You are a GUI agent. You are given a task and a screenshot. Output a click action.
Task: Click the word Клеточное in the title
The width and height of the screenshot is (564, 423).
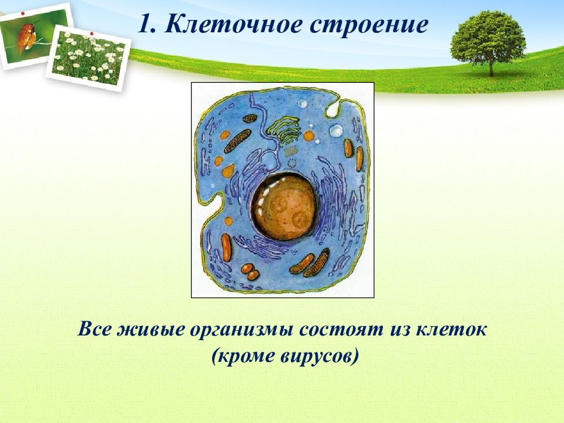(233, 25)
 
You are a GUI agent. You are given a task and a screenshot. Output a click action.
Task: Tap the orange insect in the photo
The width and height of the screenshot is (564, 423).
(28, 36)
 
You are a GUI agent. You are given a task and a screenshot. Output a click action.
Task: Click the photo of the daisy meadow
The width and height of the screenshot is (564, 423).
(89, 58)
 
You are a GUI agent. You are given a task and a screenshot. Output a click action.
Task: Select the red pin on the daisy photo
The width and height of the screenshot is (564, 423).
(92, 33)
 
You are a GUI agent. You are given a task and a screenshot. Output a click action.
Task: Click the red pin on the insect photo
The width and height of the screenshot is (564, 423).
(23, 14)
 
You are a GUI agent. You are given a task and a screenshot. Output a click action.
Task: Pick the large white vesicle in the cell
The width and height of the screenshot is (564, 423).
(336, 131)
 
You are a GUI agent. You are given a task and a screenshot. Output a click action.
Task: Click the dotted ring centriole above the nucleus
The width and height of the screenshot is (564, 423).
(292, 163)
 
